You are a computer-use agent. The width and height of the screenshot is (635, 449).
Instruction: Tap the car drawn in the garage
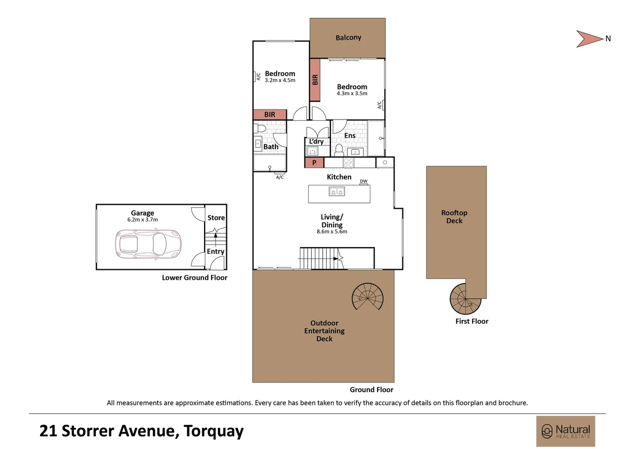pyautogui.click(x=148, y=244)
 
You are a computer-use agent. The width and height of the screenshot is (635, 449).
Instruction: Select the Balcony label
pyautogui.click(x=348, y=37)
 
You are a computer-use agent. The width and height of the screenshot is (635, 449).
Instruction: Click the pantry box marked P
pyautogui.click(x=314, y=163)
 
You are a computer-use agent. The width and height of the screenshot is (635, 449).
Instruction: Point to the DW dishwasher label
pyautogui.click(x=364, y=181)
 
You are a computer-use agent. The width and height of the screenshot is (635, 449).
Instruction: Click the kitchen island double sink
pyautogui.click(x=337, y=192)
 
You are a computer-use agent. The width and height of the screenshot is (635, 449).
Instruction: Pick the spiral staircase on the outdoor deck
pyautogui.click(x=367, y=297)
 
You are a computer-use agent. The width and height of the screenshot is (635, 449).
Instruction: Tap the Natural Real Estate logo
pyautogui.click(x=565, y=431)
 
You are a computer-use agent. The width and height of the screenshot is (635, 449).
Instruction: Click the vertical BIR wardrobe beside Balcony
pyautogui.click(x=315, y=80)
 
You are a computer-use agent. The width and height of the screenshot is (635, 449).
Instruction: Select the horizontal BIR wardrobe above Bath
pyautogui.click(x=270, y=114)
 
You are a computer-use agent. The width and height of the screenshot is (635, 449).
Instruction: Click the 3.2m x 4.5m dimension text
pyautogui.click(x=280, y=80)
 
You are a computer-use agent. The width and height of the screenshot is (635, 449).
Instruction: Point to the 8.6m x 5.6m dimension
pyautogui.click(x=332, y=232)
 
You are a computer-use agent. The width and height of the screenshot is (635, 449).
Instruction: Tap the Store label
pyautogui.click(x=216, y=217)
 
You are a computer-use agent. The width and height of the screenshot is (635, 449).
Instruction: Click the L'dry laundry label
pyautogui.click(x=316, y=141)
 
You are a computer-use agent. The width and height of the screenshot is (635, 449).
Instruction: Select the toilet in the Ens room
pyautogui.click(x=339, y=150)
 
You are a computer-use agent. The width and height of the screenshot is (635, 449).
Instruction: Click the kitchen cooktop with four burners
pyautogui.click(x=348, y=163)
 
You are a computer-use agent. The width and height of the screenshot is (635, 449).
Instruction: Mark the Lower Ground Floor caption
pyautogui.click(x=194, y=277)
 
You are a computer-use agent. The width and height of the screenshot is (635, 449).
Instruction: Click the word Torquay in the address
pyautogui.click(x=214, y=431)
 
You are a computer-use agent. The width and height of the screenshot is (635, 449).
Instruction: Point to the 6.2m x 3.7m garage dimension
pyautogui.click(x=143, y=220)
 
